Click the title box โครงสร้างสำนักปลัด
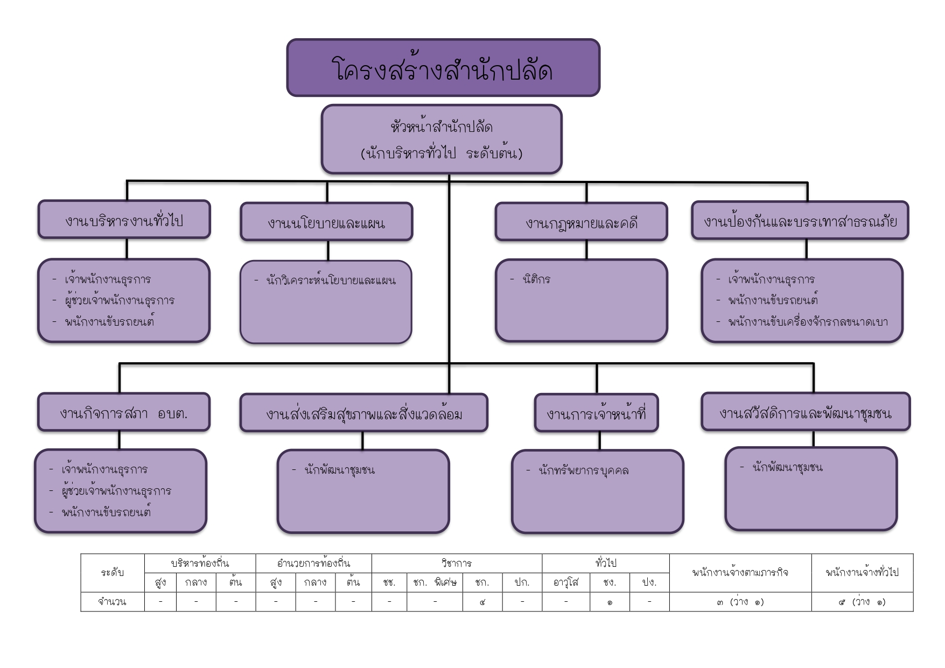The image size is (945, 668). (x=443, y=68)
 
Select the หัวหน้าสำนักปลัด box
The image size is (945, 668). (x=442, y=139)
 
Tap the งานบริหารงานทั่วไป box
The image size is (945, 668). (x=124, y=220)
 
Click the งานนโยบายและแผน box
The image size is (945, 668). (x=326, y=222)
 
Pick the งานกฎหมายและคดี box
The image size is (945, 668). (x=581, y=222)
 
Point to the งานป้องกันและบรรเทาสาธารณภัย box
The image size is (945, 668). (x=800, y=221)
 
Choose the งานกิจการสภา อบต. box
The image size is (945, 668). (x=123, y=412)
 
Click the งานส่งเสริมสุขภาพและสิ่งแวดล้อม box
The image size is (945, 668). (x=363, y=413)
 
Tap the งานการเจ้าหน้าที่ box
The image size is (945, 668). (x=596, y=413)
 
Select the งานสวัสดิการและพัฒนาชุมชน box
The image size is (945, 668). (x=806, y=412)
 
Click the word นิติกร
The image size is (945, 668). (x=536, y=279)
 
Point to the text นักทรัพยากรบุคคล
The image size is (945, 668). (x=583, y=470)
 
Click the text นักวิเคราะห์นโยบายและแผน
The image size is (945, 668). (x=331, y=280)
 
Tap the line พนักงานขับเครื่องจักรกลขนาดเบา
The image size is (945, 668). (x=808, y=322)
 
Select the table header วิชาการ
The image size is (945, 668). (x=456, y=564)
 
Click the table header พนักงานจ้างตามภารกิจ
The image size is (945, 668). (x=740, y=573)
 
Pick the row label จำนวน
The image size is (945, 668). (x=112, y=602)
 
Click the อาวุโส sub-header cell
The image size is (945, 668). (x=565, y=582)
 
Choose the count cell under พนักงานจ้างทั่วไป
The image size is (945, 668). (x=862, y=602)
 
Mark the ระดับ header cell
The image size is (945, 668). (x=112, y=573)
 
